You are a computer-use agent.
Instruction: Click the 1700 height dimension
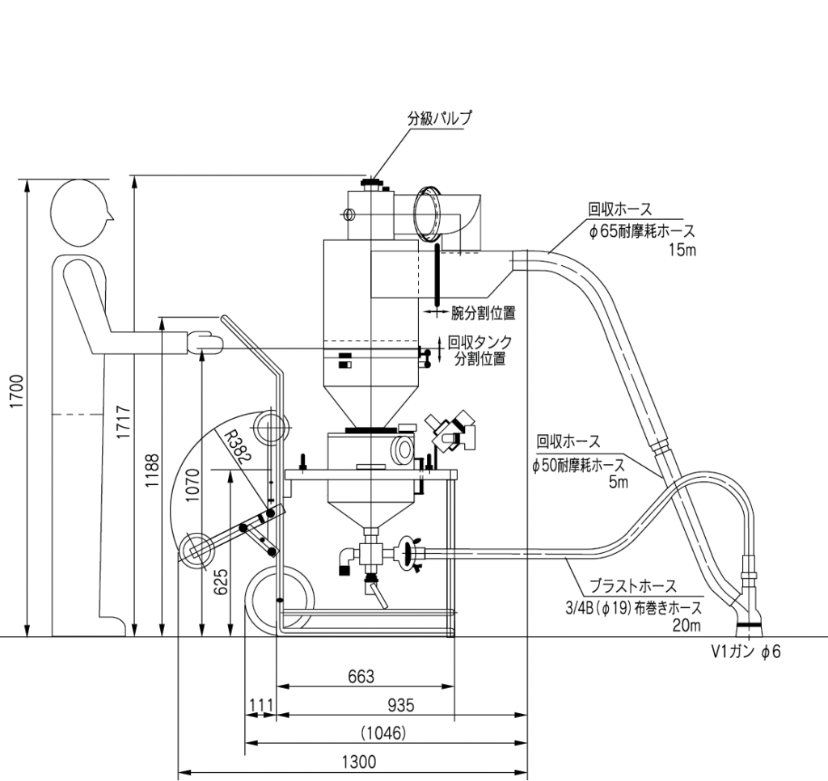click(x=16, y=391)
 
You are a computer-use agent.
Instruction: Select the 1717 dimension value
click(x=124, y=421)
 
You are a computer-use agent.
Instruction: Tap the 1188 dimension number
click(x=151, y=471)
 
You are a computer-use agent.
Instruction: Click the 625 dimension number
click(x=222, y=581)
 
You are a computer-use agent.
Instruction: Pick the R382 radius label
click(x=235, y=447)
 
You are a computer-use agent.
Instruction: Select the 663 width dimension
click(x=361, y=677)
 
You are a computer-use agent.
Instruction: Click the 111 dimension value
click(x=260, y=706)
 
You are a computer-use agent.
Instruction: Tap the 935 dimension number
click(x=401, y=705)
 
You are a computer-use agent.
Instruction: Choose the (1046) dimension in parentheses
click(x=383, y=733)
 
